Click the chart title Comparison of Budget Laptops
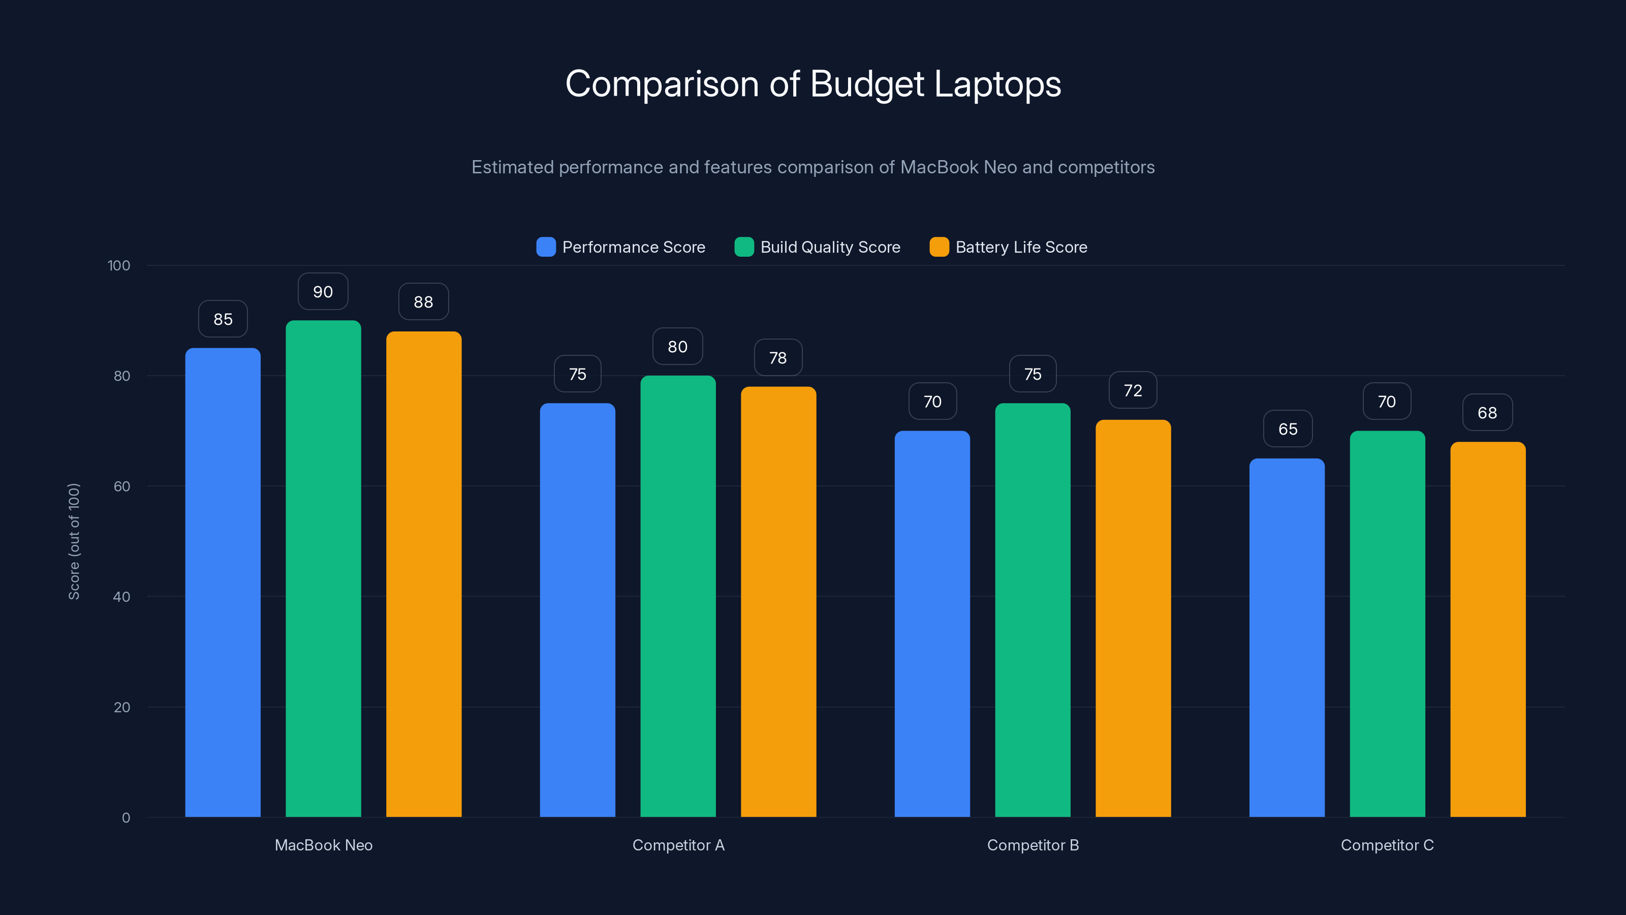813,84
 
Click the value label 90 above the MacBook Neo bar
323,292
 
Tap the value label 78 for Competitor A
777,358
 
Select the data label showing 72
1133,391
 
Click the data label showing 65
1288,430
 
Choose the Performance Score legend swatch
545,247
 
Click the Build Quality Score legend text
830,247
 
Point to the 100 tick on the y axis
119,265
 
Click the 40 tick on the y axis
122,597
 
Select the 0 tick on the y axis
126,818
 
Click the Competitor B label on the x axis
1033,845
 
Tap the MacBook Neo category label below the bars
323,845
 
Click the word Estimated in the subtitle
512,167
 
